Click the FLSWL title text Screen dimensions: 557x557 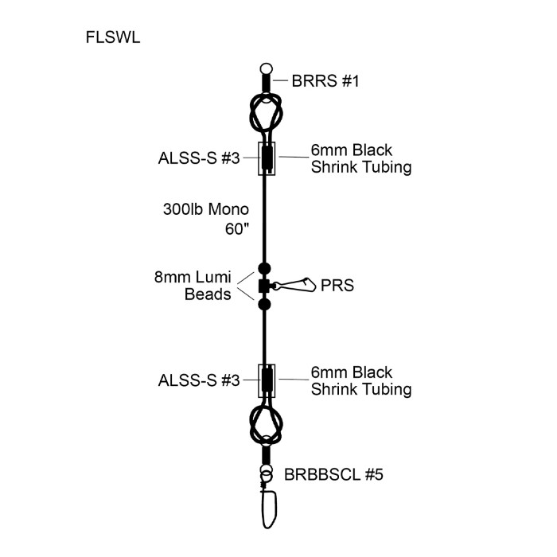[x=112, y=37]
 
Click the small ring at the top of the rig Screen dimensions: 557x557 [x=266, y=69]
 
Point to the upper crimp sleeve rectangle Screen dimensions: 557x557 [x=266, y=158]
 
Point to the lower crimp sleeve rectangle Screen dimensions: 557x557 [x=266, y=381]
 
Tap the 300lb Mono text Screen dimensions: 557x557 [x=204, y=210]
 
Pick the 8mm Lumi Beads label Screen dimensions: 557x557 [x=193, y=286]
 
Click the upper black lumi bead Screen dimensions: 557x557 [x=265, y=268]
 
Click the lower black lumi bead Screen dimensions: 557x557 [x=265, y=305]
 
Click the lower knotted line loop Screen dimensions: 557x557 [x=265, y=425]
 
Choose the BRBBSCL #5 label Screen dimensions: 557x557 [x=333, y=475]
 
